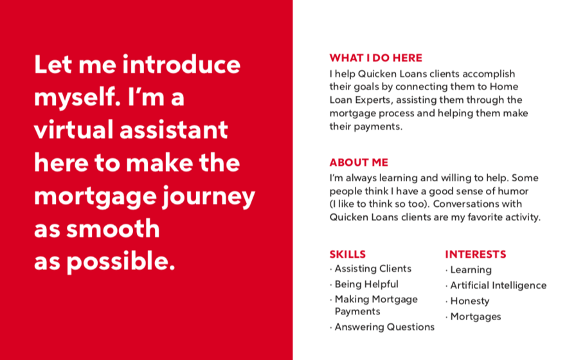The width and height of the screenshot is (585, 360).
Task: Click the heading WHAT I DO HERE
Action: (375, 58)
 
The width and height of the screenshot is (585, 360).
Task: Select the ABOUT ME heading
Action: (359, 162)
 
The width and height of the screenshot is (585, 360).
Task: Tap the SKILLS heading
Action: (347, 254)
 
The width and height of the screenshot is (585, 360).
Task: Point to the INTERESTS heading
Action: (475, 254)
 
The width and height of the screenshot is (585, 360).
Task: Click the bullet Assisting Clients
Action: (373, 269)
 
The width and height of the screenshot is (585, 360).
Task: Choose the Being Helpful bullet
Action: (366, 284)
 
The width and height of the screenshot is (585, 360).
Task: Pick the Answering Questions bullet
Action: (384, 327)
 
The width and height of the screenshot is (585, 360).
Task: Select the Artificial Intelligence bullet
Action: (498, 285)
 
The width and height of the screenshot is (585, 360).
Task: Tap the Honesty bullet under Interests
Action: (470, 301)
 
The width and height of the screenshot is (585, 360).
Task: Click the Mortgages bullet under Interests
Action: (476, 317)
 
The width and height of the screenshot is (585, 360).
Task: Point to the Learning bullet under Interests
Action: (471, 270)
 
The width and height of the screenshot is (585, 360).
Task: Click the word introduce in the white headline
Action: (181, 64)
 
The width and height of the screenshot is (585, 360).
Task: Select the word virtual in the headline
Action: (74, 130)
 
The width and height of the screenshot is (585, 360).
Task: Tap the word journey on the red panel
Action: (209, 197)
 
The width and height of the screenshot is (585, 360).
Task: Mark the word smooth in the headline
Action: (113, 228)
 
